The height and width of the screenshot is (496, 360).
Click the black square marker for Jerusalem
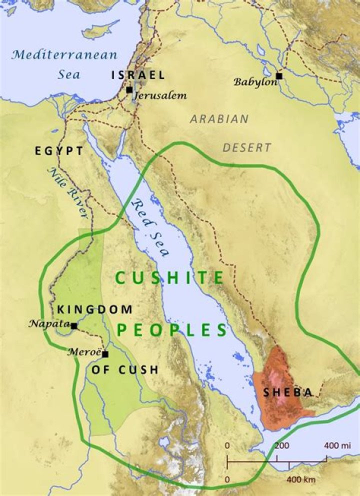click(x=129, y=90)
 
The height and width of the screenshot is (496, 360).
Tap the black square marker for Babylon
click(x=279, y=76)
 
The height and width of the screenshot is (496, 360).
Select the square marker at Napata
click(x=74, y=326)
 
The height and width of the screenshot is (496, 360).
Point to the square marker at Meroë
click(x=105, y=354)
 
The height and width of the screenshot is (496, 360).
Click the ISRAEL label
click(x=138, y=75)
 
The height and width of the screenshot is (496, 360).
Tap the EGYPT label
click(x=59, y=150)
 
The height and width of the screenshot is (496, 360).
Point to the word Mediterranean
click(x=65, y=55)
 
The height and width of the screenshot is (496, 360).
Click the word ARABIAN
click(x=219, y=119)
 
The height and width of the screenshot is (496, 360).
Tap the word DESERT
click(x=246, y=148)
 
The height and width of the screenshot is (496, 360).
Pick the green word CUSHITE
click(x=168, y=278)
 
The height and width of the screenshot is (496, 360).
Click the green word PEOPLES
click(x=172, y=330)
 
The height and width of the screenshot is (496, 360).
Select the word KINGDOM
click(x=95, y=310)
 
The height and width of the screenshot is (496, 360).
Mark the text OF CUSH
click(x=125, y=370)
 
